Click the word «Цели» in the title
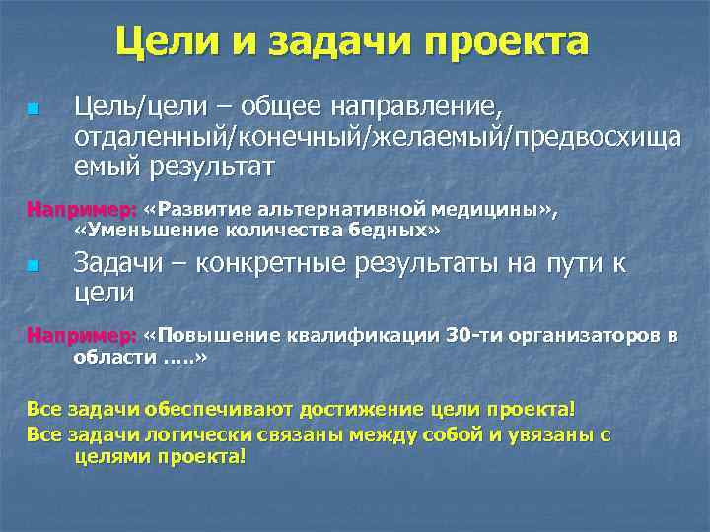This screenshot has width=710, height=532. pyautogui.click(x=167, y=41)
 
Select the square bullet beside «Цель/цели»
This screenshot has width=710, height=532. pyautogui.click(x=33, y=106)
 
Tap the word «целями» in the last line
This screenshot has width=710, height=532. pyautogui.click(x=109, y=457)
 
